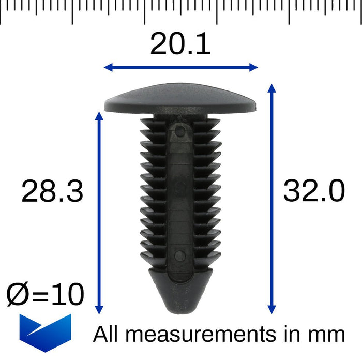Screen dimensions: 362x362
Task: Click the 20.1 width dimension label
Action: click(x=180, y=44)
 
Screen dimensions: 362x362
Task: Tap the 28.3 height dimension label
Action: click(x=52, y=192)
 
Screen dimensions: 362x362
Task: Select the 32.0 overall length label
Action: click(x=314, y=192)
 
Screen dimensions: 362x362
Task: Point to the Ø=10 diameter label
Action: click(x=45, y=295)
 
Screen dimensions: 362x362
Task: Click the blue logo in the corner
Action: click(x=45, y=333)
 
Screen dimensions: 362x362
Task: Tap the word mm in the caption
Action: click(x=328, y=335)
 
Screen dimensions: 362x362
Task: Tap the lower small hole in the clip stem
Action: click(x=179, y=254)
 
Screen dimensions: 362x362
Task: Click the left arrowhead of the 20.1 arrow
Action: click(x=108, y=67)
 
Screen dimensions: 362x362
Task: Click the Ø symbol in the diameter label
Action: click(x=17, y=295)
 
